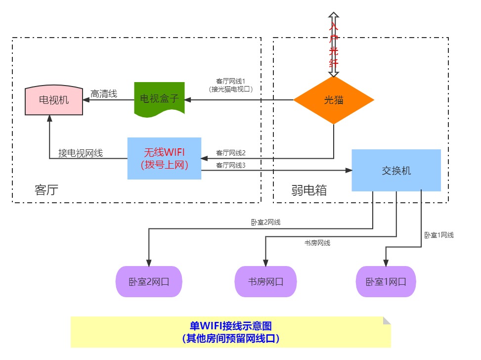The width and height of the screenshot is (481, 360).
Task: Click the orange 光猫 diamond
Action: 334,100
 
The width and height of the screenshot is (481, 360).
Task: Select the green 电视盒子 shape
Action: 159,99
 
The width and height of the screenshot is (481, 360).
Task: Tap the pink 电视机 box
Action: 54,100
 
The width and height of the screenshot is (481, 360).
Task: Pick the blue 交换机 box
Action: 396,170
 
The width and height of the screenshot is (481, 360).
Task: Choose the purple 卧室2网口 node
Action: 149,282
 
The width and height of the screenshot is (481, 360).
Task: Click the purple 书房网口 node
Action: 266,282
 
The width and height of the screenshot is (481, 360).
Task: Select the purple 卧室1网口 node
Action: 386,282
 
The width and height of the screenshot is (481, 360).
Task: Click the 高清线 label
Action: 104,93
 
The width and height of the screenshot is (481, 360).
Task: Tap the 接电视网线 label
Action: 81,153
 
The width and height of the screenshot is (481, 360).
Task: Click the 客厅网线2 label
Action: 231,153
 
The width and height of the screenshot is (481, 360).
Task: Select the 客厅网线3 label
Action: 231,165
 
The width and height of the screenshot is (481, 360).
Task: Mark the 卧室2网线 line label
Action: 265,223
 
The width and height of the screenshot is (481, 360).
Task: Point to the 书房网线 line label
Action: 317,242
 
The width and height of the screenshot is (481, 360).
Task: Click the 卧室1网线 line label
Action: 438,235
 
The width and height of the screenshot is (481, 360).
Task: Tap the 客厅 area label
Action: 46,189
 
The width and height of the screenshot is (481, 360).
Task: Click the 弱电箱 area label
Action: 309,190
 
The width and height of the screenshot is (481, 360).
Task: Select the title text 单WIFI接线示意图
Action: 231,326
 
